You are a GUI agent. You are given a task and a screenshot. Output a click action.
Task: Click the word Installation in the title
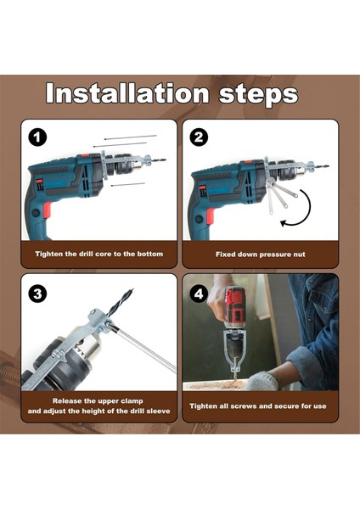pyautogui.click(x=127, y=93)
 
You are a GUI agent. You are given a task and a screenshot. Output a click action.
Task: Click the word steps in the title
pyautogui.click(x=259, y=95)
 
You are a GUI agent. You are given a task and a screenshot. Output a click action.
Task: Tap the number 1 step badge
pyautogui.click(x=37, y=137)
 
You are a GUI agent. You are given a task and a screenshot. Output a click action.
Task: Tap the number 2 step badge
pyautogui.click(x=199, y=137)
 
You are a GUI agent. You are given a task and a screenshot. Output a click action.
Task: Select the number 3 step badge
pyautogui.click(x=37, y=294)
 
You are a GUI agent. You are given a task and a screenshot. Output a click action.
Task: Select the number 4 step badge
pyautogui.click(x=199, y=294)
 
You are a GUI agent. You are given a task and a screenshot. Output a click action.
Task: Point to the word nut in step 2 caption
pyautogui.click(x=299, y=255)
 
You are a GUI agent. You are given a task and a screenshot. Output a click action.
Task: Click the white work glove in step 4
pyautogui.click(x=262, y=381)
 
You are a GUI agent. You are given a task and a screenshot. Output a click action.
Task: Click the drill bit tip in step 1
pyautogui.click(x=166, y=159)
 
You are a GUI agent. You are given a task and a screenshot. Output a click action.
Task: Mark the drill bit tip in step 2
pyautogui.click(x=328, y=166)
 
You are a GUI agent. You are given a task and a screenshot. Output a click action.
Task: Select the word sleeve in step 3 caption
pyautogui.click(x=159, y=411)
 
